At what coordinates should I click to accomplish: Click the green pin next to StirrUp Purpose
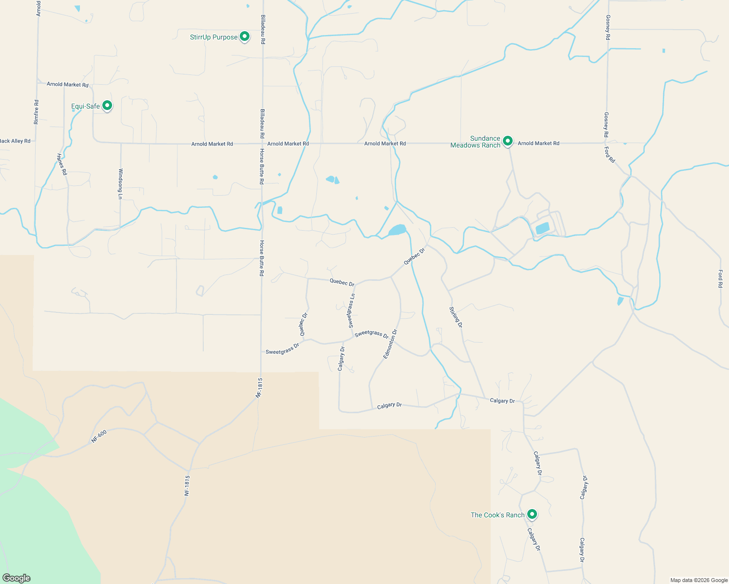[x=245, y=36]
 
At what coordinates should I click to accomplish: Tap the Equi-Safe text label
[x=85, y=106]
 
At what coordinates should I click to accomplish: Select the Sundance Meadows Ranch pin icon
[x=507, y=141]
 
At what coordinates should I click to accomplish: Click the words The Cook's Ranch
[x=498, y=515]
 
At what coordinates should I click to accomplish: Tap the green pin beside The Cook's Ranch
[x=532, y=514]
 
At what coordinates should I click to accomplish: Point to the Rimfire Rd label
[x=37, y=112]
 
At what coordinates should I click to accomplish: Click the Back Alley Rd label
[x=15, y=141]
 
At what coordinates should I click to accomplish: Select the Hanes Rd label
[x=62, y=164]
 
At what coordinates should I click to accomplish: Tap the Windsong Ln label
[x=120, y=184]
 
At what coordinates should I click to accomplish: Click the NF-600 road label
[x=99, y=436]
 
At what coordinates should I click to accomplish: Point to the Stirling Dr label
[x=456, y=317]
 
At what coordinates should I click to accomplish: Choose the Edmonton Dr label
[x=390, y=344]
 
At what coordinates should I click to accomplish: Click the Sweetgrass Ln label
[x=351, y=310]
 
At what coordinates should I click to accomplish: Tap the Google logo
[x=16, y=578]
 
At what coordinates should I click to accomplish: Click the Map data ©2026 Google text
[x=699, y=580]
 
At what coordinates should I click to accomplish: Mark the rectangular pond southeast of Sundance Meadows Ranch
[x=542, y=228]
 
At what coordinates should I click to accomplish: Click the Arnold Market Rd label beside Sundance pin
[x=538, y=143]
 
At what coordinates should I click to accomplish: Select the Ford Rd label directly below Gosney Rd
[x=610, y=154]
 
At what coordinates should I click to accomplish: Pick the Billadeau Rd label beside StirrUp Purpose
[x=263, y=29]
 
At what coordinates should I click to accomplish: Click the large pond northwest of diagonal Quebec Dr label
[x=398, y=230]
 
